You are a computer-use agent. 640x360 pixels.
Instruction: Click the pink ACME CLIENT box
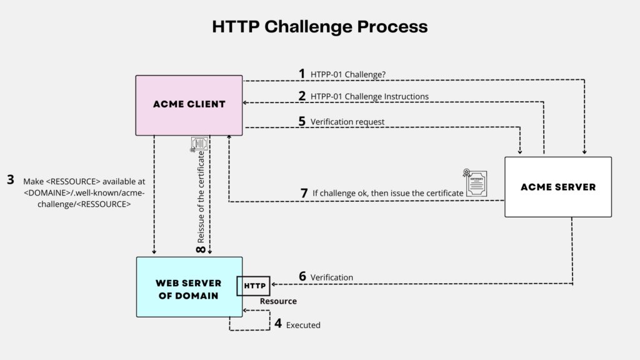click(189, 104)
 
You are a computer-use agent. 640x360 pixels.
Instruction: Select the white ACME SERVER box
click(557, 186)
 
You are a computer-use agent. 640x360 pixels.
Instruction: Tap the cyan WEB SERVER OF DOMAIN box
click(189, 287)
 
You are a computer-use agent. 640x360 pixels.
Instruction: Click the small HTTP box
click(253, 286)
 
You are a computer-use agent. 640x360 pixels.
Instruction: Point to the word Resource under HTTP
click(278, 301)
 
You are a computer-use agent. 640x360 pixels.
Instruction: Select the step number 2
click(302, 96)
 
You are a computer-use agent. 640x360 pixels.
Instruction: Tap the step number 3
click(10, 180)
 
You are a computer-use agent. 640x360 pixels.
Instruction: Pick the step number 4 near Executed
click(277, 324)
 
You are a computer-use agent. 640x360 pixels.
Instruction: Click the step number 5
click(302, 121)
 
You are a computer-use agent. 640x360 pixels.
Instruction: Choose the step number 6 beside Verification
click(302, 276)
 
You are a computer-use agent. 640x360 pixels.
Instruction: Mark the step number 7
click(304, 193)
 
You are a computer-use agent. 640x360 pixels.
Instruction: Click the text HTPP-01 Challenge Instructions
click(369, 97)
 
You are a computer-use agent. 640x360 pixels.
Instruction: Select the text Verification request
click(347, 122)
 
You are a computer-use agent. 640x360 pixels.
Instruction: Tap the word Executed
click(303, 325)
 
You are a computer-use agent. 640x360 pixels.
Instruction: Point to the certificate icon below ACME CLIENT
click(199, 144)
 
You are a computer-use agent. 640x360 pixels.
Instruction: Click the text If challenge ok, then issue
click(387, 194)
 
